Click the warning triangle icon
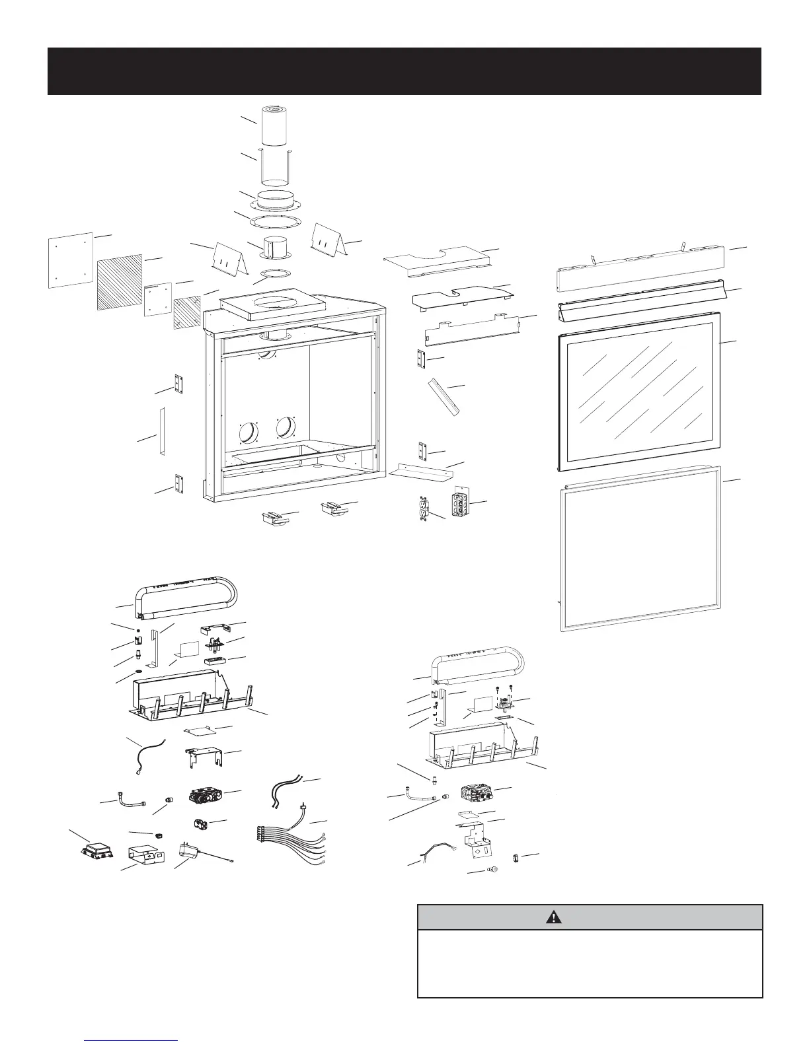[x=554, y=917]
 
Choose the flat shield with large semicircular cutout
[x=438, y=261]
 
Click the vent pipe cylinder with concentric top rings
[x=273, y=125]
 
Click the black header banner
[x=404, y=71]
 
